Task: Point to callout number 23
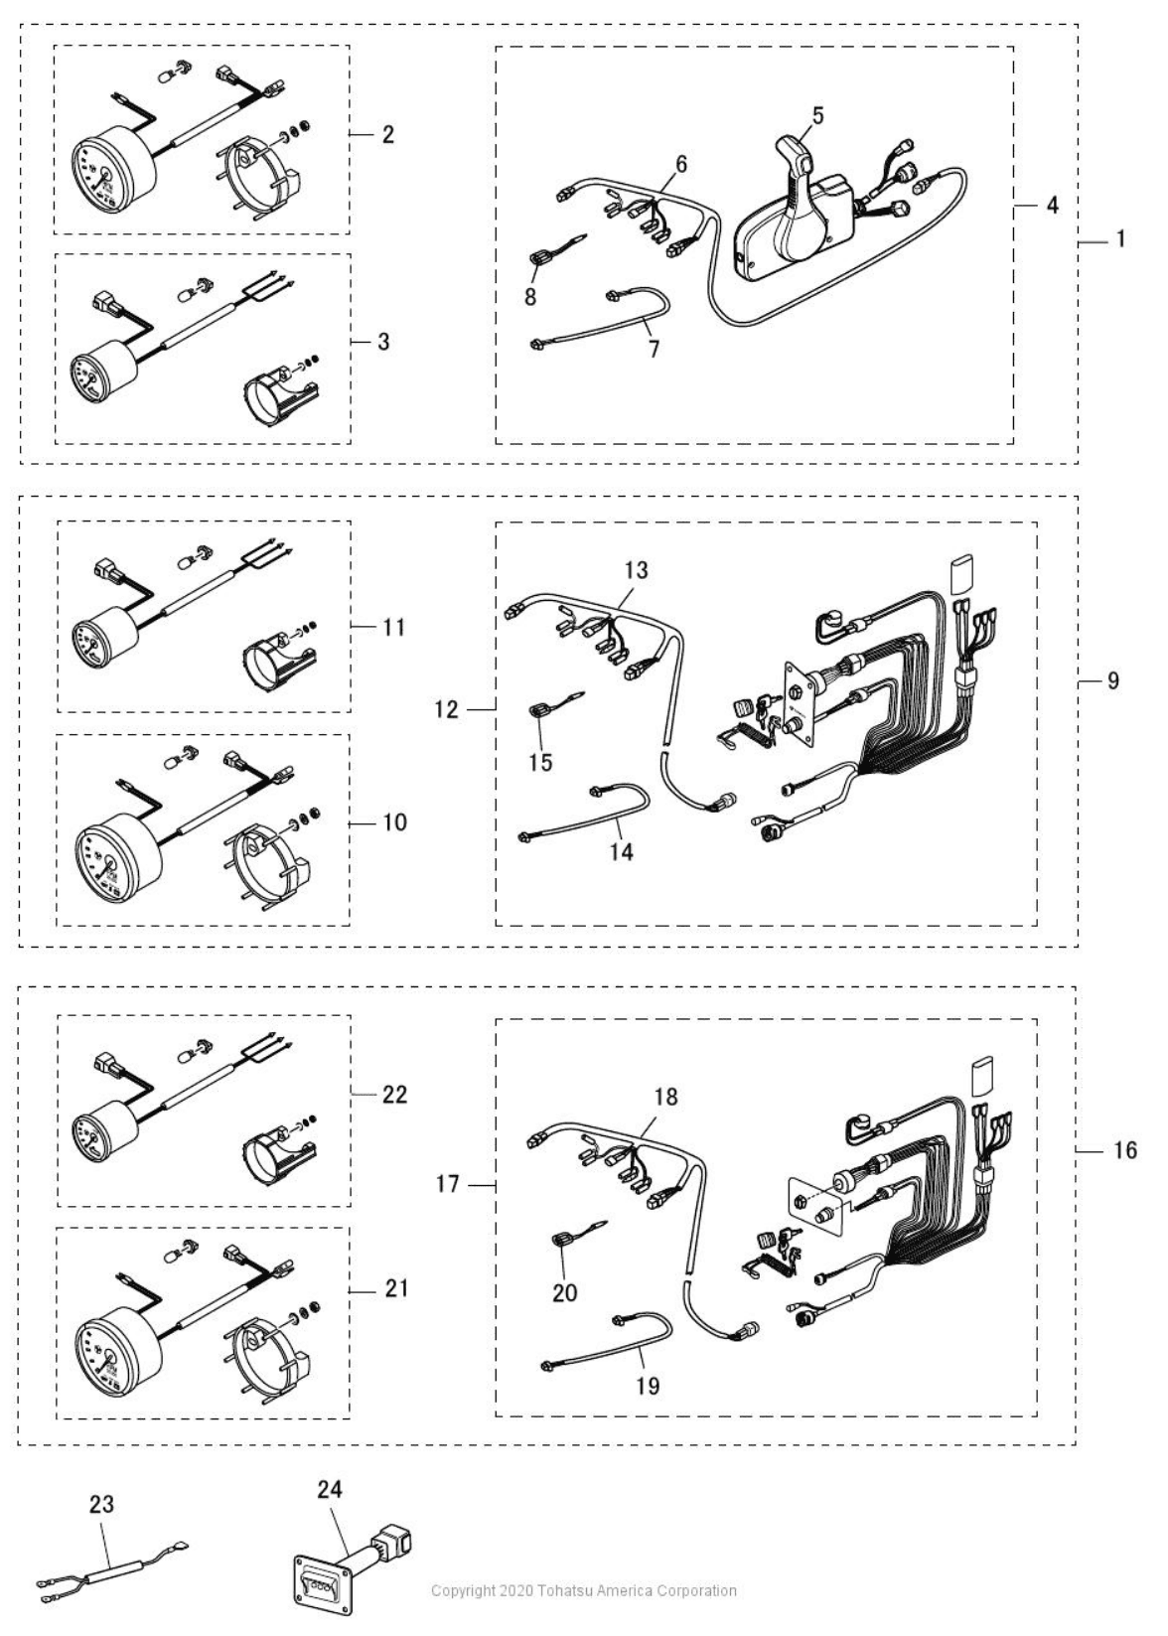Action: coord(101,1505)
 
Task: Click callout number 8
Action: coord(531,296)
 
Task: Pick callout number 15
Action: coord(541,763)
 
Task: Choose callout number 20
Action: coord(565,1292)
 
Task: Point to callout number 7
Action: coord(654,350)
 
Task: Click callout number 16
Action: coord(1124,1150)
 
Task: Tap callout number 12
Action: coord(447,709)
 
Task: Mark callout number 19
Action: coord(647,1386)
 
